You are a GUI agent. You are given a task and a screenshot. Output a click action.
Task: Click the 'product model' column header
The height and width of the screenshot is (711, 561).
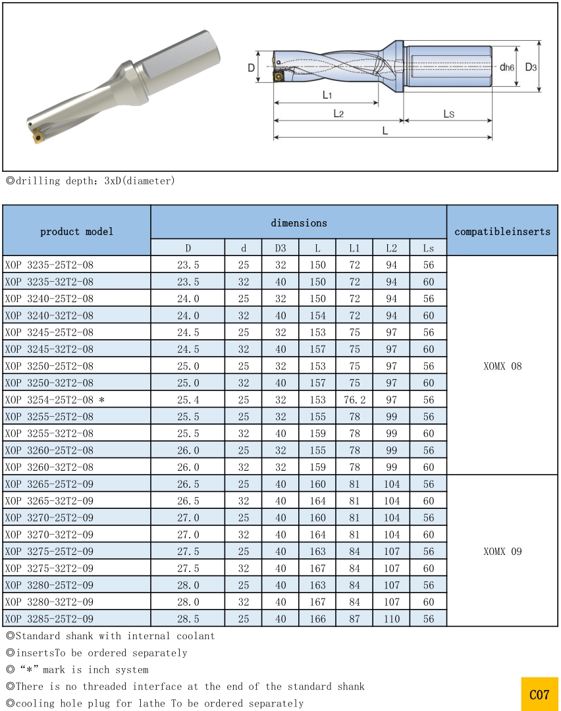pyautogui.click(x=76, y=231)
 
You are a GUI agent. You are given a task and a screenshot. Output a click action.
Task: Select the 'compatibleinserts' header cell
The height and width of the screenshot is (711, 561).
pyautogui.click(x=502, y=231)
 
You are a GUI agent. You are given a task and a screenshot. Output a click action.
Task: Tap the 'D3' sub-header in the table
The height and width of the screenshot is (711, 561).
pyautogui.click(x=280, y=248)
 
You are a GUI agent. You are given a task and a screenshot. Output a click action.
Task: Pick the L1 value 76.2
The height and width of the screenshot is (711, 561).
pyautogui.click(x=354, y=400)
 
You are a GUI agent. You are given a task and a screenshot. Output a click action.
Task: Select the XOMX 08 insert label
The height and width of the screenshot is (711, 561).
pyautogui.click(x=502, y=366)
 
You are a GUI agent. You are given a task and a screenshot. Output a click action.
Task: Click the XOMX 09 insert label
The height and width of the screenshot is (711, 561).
pyautogui.click(x=502, y=552)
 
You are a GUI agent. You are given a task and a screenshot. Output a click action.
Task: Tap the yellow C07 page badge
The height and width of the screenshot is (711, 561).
pyautogui.click(x=539, y=695)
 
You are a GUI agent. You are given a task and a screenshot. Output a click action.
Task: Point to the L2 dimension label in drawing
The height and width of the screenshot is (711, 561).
pyautogui.click(x=338, y=113)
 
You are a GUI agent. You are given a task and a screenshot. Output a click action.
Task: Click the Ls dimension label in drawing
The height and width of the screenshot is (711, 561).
pyautogui.click(x=448, y=114)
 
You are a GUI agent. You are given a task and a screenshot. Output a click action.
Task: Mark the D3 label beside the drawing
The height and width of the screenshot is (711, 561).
pyautogui.click(x=531, y=67)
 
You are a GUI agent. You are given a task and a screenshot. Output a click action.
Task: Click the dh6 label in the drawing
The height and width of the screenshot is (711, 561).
pyautogui.click(x=506, y=67)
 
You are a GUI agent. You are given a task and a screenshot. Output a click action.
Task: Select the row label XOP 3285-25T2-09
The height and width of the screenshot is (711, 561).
pyautogui.click(x=49, y=619)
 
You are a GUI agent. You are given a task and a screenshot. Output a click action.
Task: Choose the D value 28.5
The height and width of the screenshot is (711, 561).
pyautogui.click(x=188, y=619)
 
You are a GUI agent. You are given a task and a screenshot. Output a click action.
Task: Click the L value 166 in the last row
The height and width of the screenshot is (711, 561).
pyautogui.click(x=317, y=619)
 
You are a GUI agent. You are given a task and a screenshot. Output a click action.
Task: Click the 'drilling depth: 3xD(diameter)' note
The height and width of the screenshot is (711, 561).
pyautogui.click(x=91, y=180)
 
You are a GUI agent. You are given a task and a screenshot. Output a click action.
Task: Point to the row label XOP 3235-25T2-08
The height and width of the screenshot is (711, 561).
pyautogui.click(x=49, y=265)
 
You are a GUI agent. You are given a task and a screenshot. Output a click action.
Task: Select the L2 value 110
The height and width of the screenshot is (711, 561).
pyautogui.click(x=391, y=619)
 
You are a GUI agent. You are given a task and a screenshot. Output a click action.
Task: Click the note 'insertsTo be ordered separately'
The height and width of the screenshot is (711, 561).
pyautogui.click(x=97, y=653)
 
